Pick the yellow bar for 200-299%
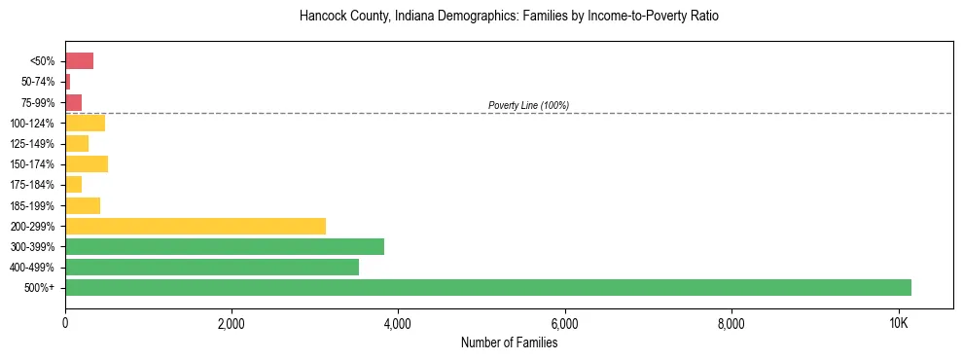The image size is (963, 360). [196, 226]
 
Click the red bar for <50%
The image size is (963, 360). [79, 61]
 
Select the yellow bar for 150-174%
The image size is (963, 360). [87, 164]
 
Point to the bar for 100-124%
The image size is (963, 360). [85, 123]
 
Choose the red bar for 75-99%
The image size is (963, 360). [73, 102]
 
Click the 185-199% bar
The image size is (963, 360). [83, 205]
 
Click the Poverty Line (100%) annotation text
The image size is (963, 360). [528, 105]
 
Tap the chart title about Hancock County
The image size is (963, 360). [509, 17]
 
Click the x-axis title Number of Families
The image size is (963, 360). [509, 342]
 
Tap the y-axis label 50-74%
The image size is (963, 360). [37, 82]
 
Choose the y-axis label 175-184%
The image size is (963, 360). [32, 185]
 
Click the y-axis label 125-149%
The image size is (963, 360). [32, 144]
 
